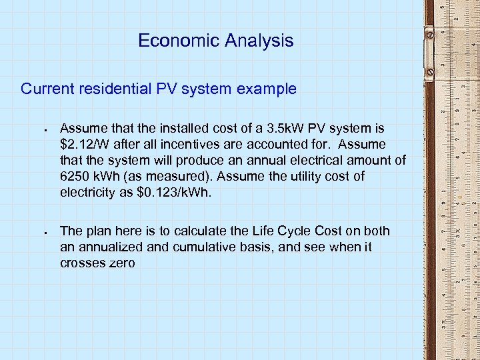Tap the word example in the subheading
click(269, 89)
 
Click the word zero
click(121, 263)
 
